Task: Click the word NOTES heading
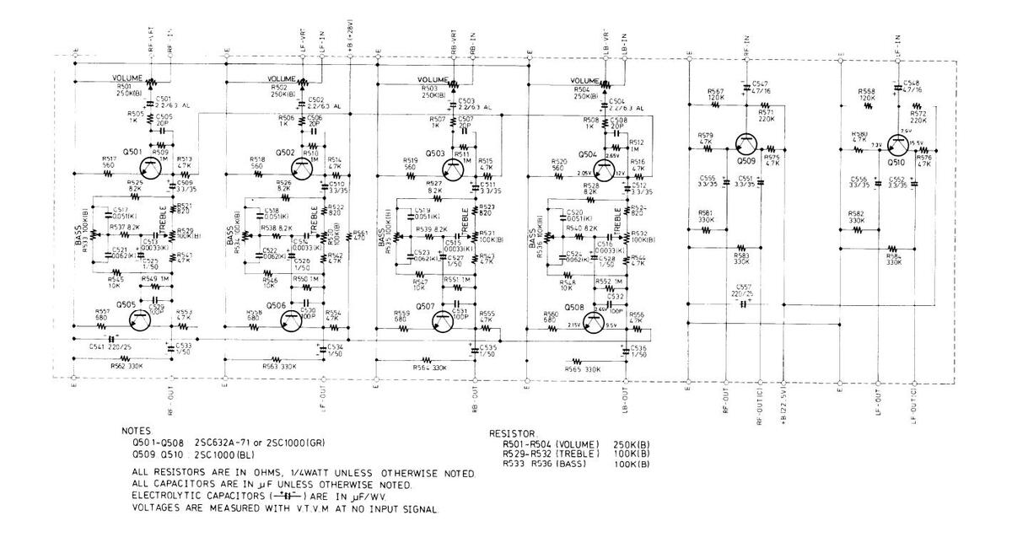click(x=137, y=430)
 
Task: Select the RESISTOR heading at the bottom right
click(x=514, y=433)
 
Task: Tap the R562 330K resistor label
click(x=126, y=367)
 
